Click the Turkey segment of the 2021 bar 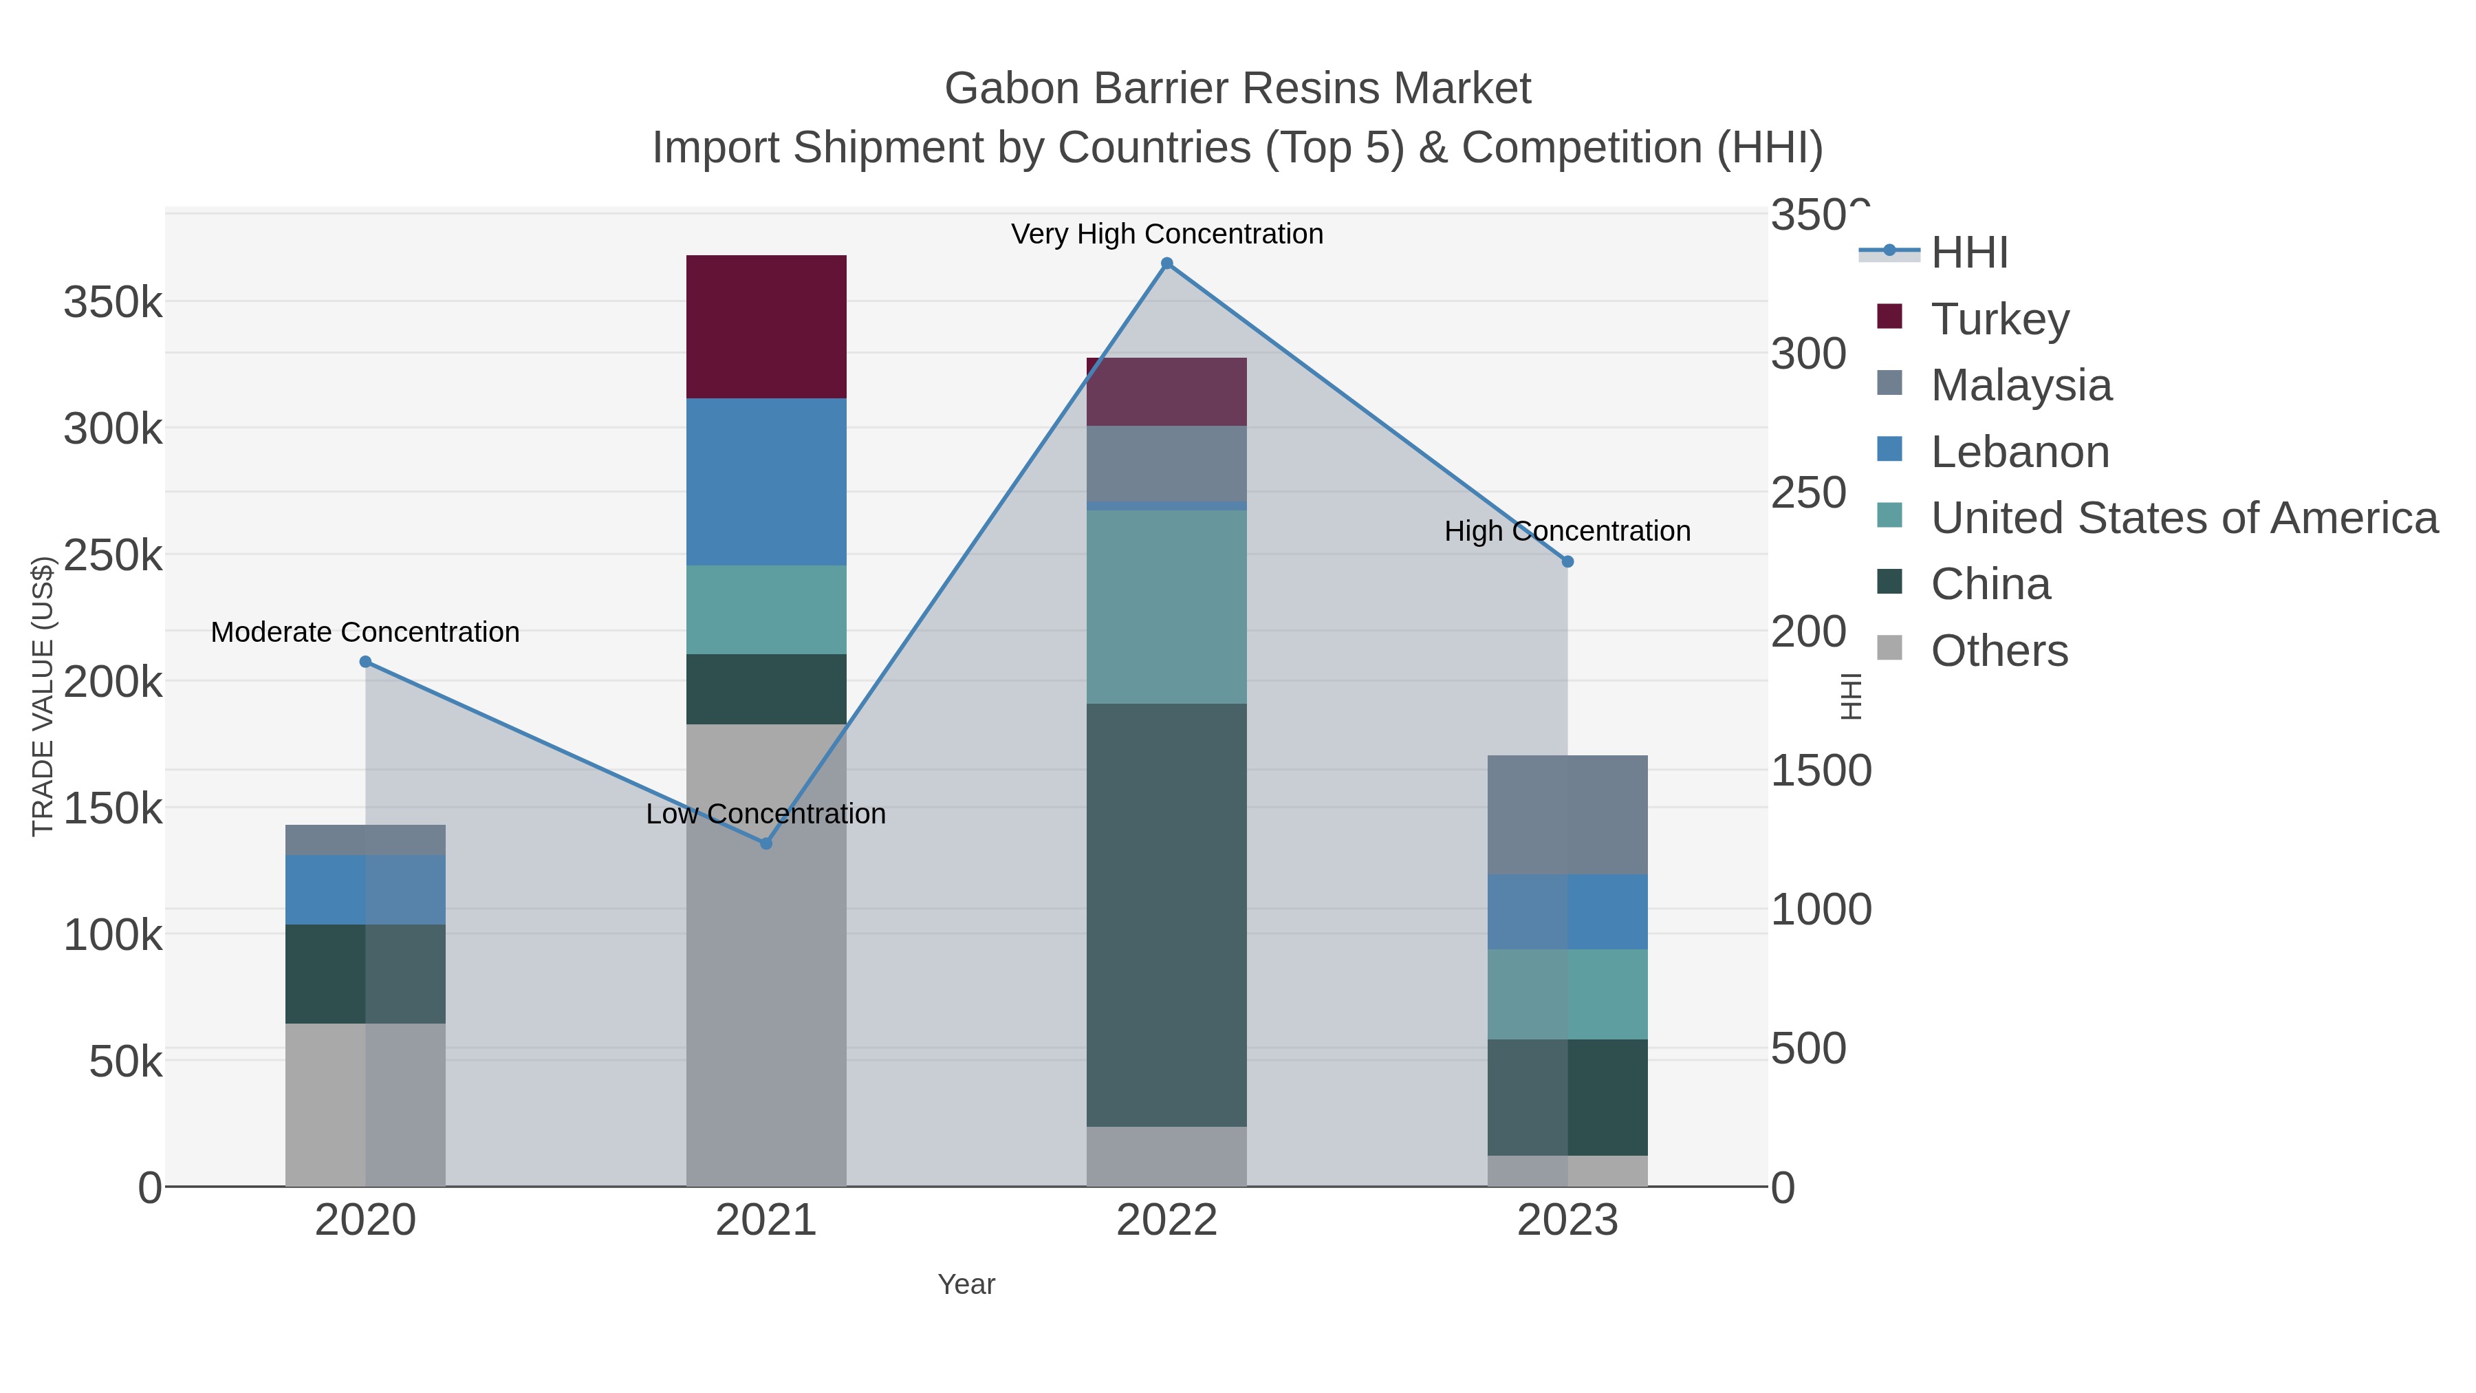tap(766, 327)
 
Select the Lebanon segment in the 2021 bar tap(766, 482)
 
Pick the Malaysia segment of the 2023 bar tap(1567, 814)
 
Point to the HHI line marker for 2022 tap(1167, 263)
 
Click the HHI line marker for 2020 tap(365, 661)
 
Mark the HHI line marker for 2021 tap(766, 843)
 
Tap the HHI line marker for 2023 tap(1567, 561)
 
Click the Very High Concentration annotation tap(1167, 234)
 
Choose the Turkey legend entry tap(1999, 319)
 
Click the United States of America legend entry tap(2184, 517)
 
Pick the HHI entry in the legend tap(1968, 253)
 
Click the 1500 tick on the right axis tap(1821, 771)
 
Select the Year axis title tap(966, 1284)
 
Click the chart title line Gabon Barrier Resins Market tap(1237, 89)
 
